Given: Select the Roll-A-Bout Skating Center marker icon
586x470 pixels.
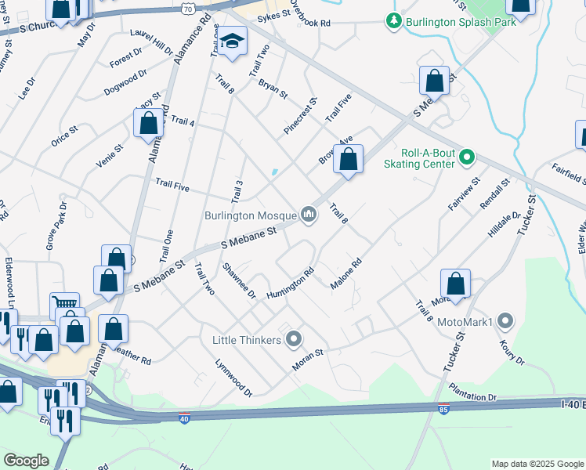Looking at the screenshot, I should (467, 157).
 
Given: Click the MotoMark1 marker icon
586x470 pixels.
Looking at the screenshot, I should (505, 321).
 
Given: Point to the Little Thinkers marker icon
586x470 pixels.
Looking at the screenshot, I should (294, 339).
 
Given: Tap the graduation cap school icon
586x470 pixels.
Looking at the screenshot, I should (232, 41).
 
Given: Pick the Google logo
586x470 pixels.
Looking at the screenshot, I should (26, 461).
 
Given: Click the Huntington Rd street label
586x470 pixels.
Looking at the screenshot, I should (290, 284).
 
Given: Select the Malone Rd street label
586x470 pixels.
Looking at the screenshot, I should (345, 274).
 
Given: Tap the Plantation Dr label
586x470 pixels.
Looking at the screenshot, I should (473, 392).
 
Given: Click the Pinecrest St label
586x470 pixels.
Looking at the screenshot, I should (300, 115).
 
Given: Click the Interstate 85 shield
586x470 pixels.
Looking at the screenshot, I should (443, 408).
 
